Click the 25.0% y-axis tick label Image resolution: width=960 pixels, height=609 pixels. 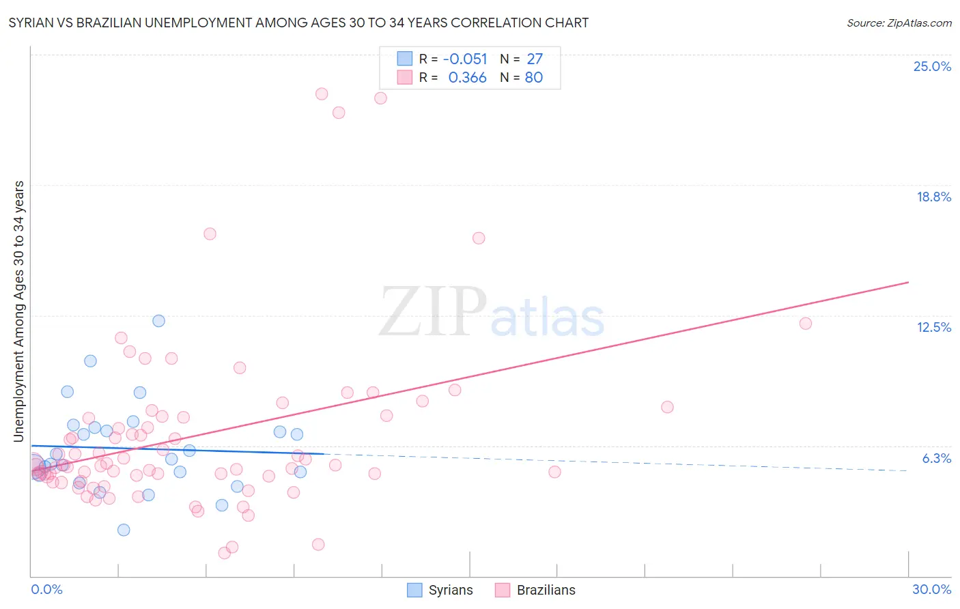[932, 66]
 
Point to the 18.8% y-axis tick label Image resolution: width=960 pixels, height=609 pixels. [933, 197]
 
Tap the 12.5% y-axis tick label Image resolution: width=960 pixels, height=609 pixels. [933, 327]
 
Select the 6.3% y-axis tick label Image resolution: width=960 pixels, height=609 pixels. [936, 458]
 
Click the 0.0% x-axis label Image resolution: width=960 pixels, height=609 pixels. [46, 589]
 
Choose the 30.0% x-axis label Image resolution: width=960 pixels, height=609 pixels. [931, 589]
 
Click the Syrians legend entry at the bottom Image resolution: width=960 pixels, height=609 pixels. [440, 590]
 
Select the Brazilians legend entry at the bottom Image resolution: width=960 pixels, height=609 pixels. [536, 590]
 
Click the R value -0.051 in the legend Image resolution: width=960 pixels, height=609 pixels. [465, 59]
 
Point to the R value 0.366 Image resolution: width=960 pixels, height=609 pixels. [467, 78]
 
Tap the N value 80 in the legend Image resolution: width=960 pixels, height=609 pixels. [533, 78]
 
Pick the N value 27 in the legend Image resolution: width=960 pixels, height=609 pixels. [535, 59]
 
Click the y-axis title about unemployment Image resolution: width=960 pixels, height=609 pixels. [18, 311]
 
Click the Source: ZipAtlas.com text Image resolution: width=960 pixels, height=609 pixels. [899, 23]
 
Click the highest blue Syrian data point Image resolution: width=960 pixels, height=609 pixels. [158, 321]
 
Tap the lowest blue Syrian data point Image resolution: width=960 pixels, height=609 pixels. [124, 530]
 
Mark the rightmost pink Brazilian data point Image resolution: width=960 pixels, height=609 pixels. [806, 324]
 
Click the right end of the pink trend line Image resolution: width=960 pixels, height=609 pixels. [908, 282]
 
